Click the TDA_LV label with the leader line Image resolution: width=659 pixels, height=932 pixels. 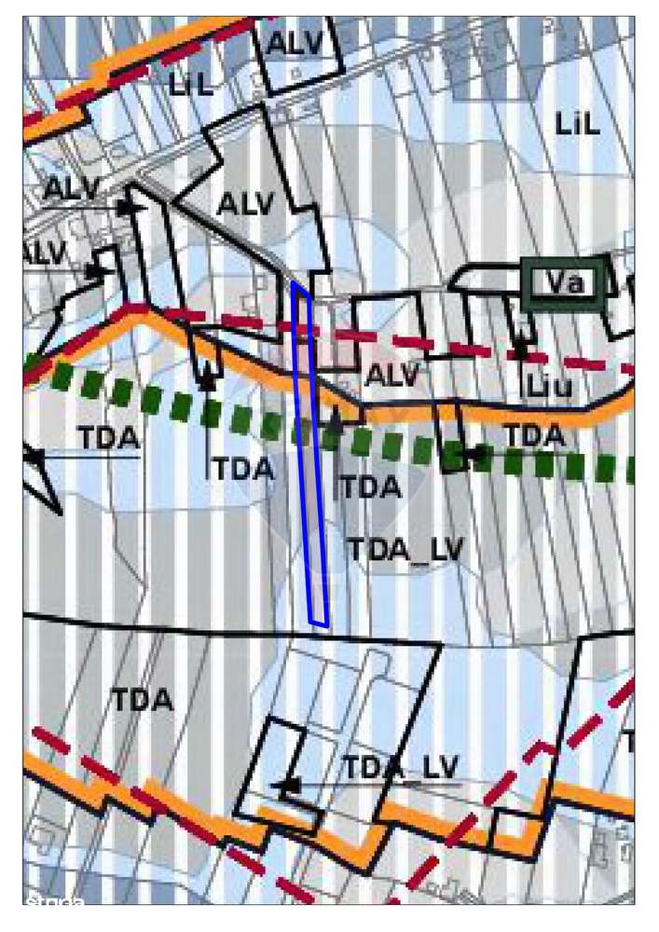[x=400, y=768]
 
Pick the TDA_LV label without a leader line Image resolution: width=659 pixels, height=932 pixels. [x=405, y=550]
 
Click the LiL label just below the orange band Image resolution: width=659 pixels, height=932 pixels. [x=192, y=87]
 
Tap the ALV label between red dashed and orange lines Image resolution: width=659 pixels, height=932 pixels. [x=392, y=376]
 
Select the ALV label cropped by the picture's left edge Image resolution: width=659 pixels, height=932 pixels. [x=43, y=253]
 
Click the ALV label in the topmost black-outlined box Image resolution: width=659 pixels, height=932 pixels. [x=295, y=44]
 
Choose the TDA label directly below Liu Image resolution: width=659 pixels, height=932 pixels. [x=534, y=435]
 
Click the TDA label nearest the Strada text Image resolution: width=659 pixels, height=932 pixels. [x=144, y=700]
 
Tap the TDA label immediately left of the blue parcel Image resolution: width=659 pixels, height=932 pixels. [x=243, y=469]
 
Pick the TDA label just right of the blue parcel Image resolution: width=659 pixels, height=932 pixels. [x=370, y=487]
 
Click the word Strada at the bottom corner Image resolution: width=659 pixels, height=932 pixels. [x=55, y=902]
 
